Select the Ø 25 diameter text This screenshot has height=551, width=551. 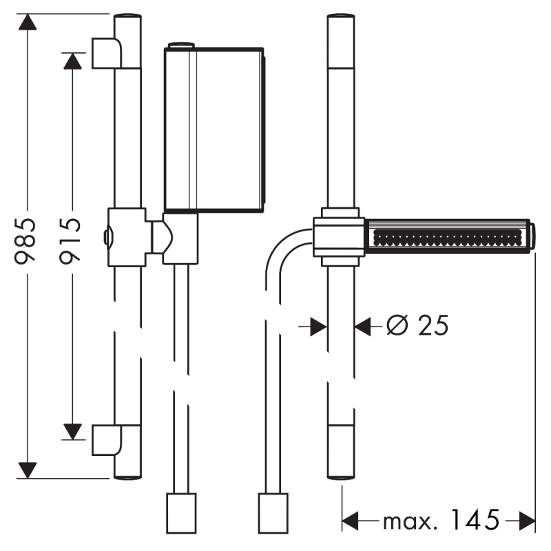pos(417,325)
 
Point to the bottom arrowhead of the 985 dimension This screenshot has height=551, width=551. pos(27,470)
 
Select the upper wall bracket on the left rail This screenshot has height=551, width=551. pos(107,53)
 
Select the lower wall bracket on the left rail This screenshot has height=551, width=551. pos(107,439)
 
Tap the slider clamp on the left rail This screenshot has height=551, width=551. pos(127,237)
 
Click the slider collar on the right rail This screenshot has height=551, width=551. pos(339,237)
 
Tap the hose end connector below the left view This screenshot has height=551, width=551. pos(182,512)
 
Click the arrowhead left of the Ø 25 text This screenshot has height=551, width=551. pos(318,326)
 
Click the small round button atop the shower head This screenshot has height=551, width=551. pos(181,45)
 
